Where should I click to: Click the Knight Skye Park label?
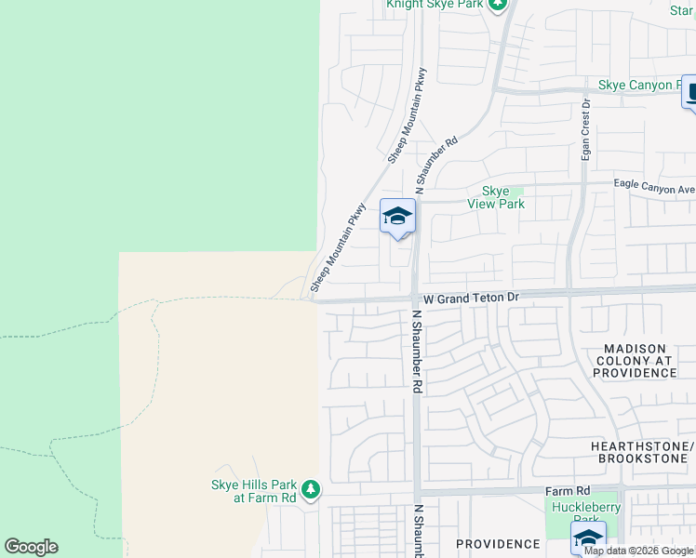point(435,5)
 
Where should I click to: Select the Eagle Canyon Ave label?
point(654,186)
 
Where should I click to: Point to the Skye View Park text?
point(502,197)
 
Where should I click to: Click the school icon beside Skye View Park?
point(397,218)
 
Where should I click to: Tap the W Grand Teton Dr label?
point(469,299)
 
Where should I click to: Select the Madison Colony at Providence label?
point(636,361)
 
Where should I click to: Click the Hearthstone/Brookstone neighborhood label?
point(643,453)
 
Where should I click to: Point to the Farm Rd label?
point(569,490)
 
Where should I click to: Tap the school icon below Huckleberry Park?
point(587,539)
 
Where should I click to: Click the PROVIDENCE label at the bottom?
point(498,543)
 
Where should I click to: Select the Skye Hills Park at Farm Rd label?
point(252,490)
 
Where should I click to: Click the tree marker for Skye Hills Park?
point(310,489)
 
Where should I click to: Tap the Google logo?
point(31,547)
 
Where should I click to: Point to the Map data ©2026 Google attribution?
point(638,551)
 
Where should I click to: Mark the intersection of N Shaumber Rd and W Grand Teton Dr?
point(415,299)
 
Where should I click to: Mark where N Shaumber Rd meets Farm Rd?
point(417,491)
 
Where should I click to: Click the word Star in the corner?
point(681,10)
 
